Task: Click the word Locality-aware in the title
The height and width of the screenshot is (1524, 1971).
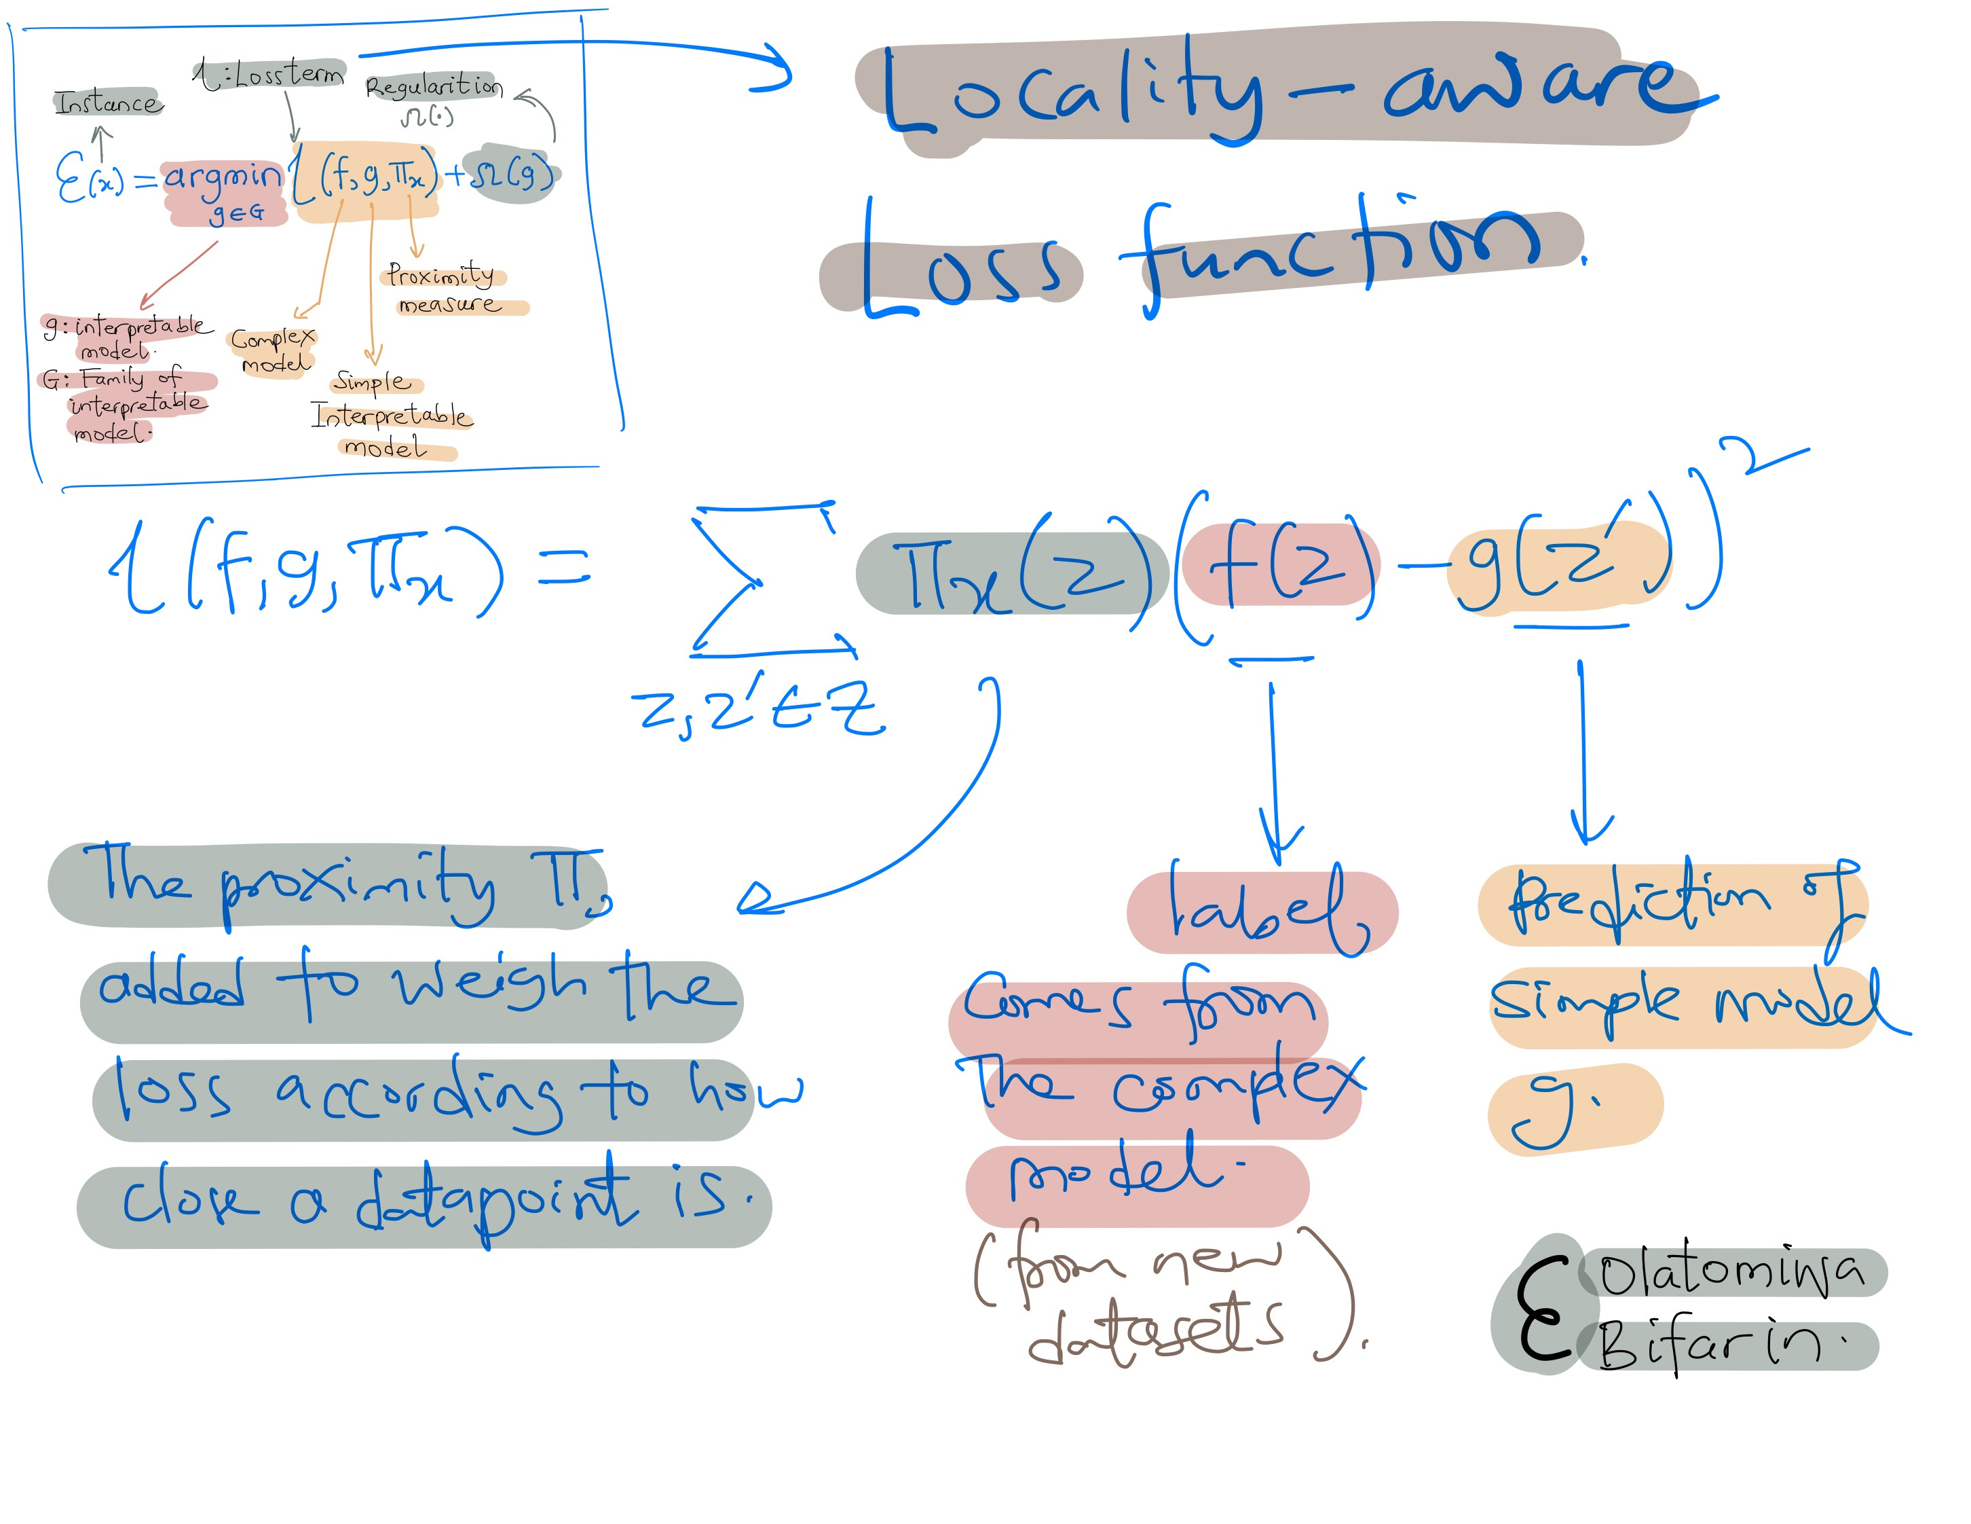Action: point(1281,90)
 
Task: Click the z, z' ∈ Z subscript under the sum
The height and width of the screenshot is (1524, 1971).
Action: point(758,709)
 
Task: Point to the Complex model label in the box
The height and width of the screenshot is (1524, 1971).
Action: point(273,350)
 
